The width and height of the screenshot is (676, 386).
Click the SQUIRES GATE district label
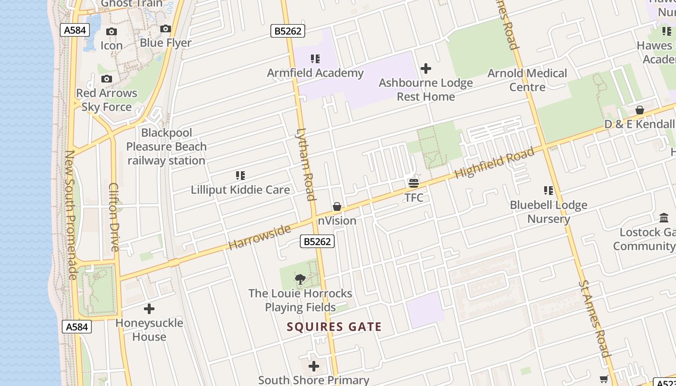tap(334, 327)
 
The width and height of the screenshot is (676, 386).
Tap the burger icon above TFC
tap(414, 183)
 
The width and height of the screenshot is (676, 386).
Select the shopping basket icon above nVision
tap(337, 207)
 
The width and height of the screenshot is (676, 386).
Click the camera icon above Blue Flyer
tap(166, 29)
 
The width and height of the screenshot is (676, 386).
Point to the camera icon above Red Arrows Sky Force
tap(107, 79)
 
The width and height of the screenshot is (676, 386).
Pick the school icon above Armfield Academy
tap(315, 59)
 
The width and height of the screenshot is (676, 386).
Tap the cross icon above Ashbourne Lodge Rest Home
tap(426, 69)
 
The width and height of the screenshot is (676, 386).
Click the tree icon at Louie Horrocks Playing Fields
tap(300, 279)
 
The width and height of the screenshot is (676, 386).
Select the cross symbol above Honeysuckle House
tap(149, 309)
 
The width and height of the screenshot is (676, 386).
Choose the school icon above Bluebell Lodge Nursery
tap(549, 191)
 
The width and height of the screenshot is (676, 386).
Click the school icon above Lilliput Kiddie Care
tap(240, 176)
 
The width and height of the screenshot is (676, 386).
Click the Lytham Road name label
tap(306, 164)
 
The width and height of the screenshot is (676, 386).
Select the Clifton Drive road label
tap(114, 217)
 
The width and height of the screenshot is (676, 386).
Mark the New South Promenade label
tap(71, 215)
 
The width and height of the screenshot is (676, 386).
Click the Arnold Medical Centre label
tap(527, 80)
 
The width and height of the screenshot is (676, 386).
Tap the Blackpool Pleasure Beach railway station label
tap(167, 147)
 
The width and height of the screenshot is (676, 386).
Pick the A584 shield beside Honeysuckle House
tap(77, 327)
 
